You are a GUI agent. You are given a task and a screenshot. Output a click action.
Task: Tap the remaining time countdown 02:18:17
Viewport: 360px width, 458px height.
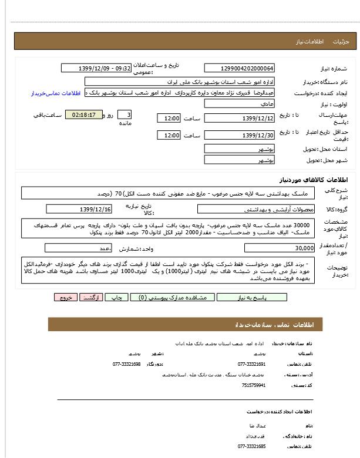tap(83, 114)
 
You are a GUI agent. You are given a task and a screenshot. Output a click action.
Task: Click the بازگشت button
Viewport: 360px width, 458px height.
tap(89, 298)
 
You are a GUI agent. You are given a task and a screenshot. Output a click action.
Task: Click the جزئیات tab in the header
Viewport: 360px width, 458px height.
tap(341, 42)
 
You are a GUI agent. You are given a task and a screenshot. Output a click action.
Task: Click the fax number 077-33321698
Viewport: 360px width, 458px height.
tap(127, 364)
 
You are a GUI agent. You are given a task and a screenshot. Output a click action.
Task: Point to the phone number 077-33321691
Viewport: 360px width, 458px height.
tap(252, 364)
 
